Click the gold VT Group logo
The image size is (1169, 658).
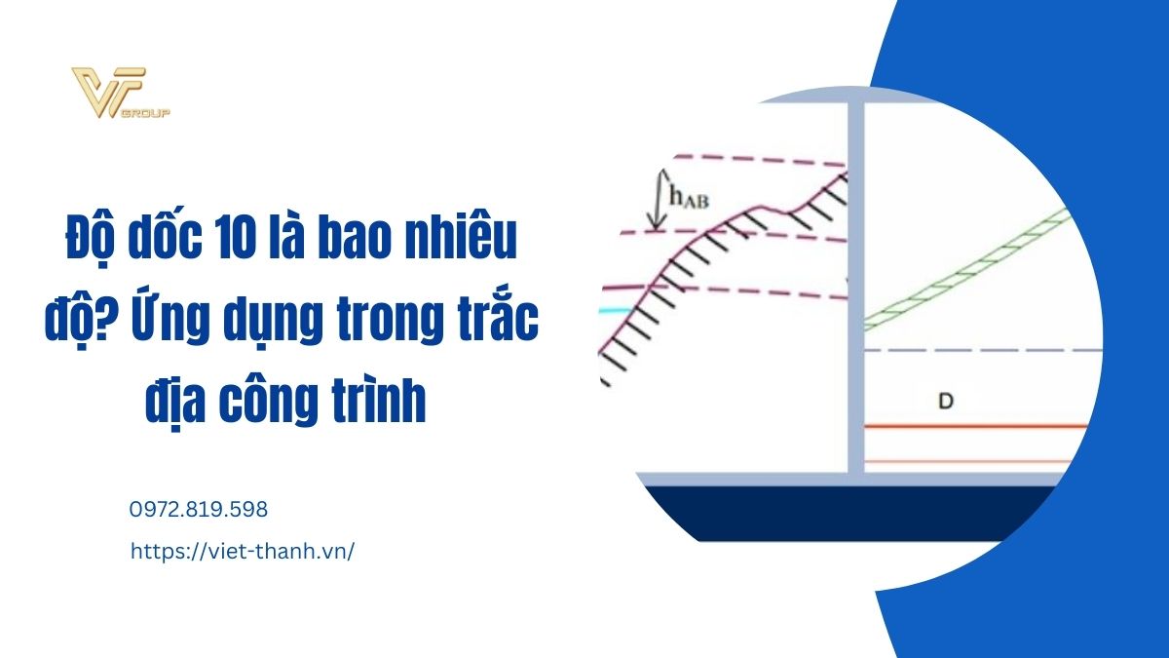point(121,93)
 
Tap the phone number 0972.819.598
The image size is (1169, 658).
point(199,509)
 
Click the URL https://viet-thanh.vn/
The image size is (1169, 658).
point(243,552)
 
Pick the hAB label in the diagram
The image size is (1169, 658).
point(689,197)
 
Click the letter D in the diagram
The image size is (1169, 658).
point(946,401)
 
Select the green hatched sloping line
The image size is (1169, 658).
point(966,268)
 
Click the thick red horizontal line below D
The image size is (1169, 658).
point(975,427)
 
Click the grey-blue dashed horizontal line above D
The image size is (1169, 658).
point(983,350)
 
